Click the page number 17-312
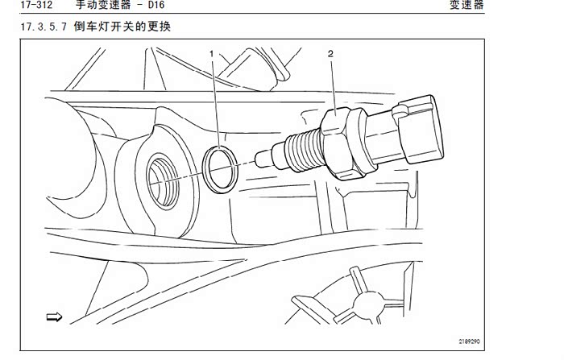coord(24,7)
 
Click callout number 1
coord(212,53)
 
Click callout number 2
coord(330,53)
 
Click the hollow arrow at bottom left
coord(55,317)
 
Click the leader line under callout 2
coord(332,85)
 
